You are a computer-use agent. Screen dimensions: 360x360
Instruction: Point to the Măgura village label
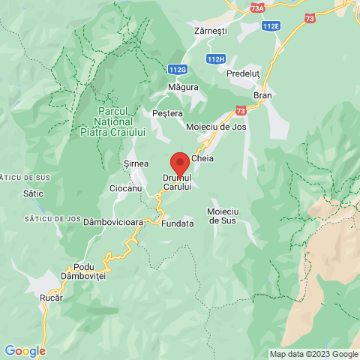(184, 87)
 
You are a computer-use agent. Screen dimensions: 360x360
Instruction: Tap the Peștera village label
(167, 113)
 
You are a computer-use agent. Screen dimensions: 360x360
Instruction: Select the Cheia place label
(203, 159)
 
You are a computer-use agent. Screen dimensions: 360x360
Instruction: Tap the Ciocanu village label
(125, 188)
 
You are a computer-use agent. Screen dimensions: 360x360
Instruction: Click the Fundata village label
(178, 223)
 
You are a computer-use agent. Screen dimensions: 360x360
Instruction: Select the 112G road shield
(178, 70)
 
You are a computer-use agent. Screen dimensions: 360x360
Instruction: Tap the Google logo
(24, 350)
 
